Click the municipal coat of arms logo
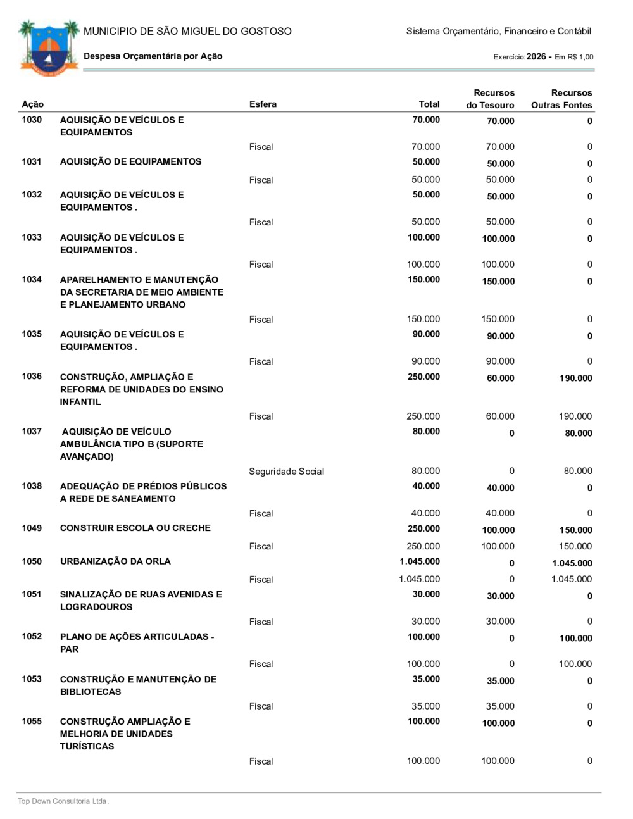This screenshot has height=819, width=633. click(49, 47)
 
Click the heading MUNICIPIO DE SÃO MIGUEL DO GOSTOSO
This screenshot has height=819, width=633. click(187, 31)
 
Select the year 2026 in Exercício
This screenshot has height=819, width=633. click(536, 56)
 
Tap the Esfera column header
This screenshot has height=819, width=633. click(263, 104)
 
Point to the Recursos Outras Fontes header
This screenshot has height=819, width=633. click(563, 99)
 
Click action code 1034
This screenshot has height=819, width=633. click(32, 279)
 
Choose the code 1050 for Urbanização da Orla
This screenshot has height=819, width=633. click(32, 561)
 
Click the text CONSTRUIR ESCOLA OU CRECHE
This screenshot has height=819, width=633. click(135, 528)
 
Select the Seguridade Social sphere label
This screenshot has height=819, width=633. click(286, 471)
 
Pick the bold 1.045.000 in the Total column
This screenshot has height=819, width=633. click(420, 561)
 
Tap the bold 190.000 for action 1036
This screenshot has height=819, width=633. click(575, 378)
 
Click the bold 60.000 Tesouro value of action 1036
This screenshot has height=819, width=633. click(500, 378)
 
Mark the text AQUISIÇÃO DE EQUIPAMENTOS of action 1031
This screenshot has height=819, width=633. click(130, 161)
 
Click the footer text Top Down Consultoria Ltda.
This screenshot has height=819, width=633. click(63, 801)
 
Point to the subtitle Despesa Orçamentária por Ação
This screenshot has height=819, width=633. click(153, 56)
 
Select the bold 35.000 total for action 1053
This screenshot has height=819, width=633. click(426, 679)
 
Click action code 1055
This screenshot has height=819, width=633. click(32, 721)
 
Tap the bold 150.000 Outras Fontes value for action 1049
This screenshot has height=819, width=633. click(575, 530)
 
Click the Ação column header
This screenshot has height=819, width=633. click(33, 104)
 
